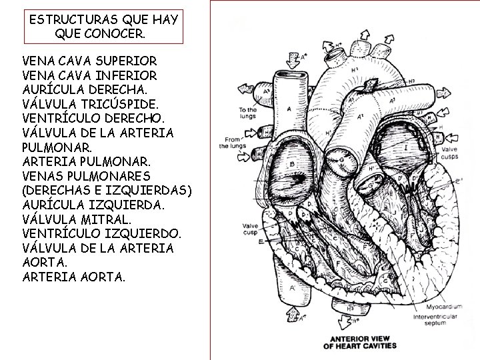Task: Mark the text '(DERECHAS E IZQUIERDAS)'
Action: click(107, 191)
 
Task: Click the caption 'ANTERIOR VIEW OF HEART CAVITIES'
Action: click(360, 341)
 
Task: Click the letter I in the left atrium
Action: click(405, 147)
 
